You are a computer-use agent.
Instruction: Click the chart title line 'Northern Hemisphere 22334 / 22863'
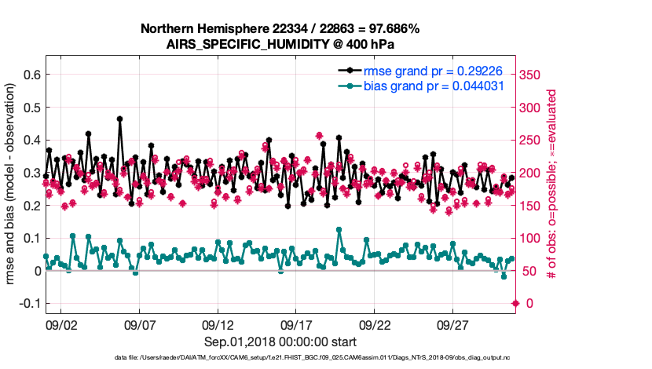pyautogui.click(x=280, y=29)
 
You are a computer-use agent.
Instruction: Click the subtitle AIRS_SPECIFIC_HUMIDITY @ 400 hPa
pyautogui.click(x=280, y=44)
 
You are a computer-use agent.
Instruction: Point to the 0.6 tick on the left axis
pyautogui.click(x=32, y=75)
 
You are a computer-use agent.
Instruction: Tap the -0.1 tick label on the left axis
pyautogui.click(x=30, y=303)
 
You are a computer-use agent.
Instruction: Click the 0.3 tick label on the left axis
pyautogui.click(x=32, y=173)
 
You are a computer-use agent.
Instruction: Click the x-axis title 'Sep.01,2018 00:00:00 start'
pyautogui.click(x=280, y=342)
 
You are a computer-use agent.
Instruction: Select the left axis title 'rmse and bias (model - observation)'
pyautogui.click(x=13, y=184)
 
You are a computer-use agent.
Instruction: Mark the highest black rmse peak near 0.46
pyautogui.click(x=119, y=119)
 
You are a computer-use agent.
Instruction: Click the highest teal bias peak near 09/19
pyautogui.click(x=339, y=230)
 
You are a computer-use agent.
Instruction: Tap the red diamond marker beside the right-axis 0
pyautogui.click(x=515, y=303)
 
